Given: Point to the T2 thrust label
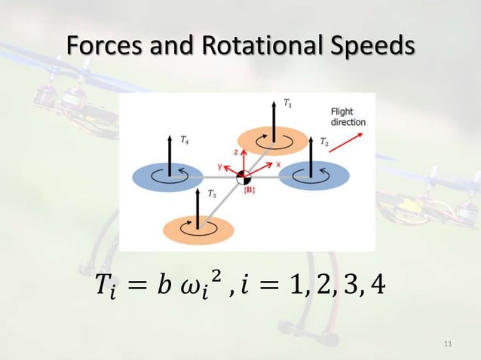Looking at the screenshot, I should [x=323, y=141].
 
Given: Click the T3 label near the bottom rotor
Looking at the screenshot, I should [x=213, y=194].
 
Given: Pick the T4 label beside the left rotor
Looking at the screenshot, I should [x=185, y=140].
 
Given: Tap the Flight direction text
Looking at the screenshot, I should [x=348, y=117].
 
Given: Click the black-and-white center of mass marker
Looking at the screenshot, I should [x=243, y=177].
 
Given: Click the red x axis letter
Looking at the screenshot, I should [x=278, y=163].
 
